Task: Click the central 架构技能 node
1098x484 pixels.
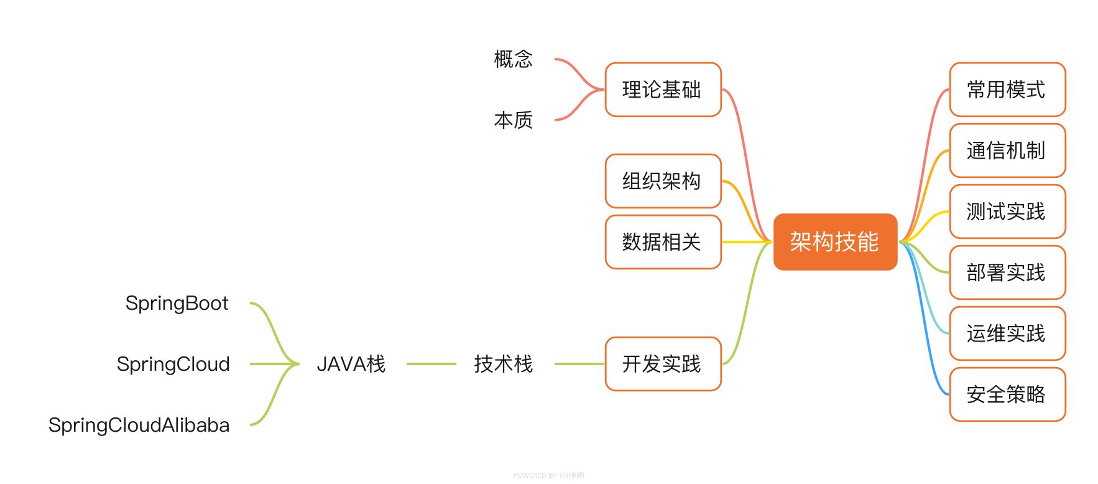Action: (x=835, y=242)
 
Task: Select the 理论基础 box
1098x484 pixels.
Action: (x=663, y=90)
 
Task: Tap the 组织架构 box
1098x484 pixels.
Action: (x=663, y=181)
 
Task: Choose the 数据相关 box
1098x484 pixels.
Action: (x=663, y=242)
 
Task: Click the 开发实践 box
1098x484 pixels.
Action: (x=663, y=364)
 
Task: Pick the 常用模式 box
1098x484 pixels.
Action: (x=1007, y=90)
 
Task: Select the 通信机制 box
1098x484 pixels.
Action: (x=1007, y=151)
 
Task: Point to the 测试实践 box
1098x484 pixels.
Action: (x=1007, y=212)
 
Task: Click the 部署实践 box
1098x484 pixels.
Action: (x=1007, y=272)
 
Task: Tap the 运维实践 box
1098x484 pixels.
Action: (x=1007, y=333)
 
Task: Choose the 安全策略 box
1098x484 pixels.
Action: (x=1007, y=394)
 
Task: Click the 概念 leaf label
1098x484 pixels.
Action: (x=514, y=59)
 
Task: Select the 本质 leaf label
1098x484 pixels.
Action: (x=514, y=120)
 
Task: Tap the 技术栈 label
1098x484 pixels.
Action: (x=504, y=364)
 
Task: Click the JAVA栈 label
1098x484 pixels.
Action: (x=351, y=364)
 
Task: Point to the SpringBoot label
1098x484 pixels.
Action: (x=177, y=303)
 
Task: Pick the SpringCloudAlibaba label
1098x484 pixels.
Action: (x=139, y=425)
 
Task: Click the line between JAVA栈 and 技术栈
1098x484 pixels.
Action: (x=431, y=364)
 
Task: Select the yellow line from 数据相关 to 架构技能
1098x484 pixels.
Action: (x=746, y=242)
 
